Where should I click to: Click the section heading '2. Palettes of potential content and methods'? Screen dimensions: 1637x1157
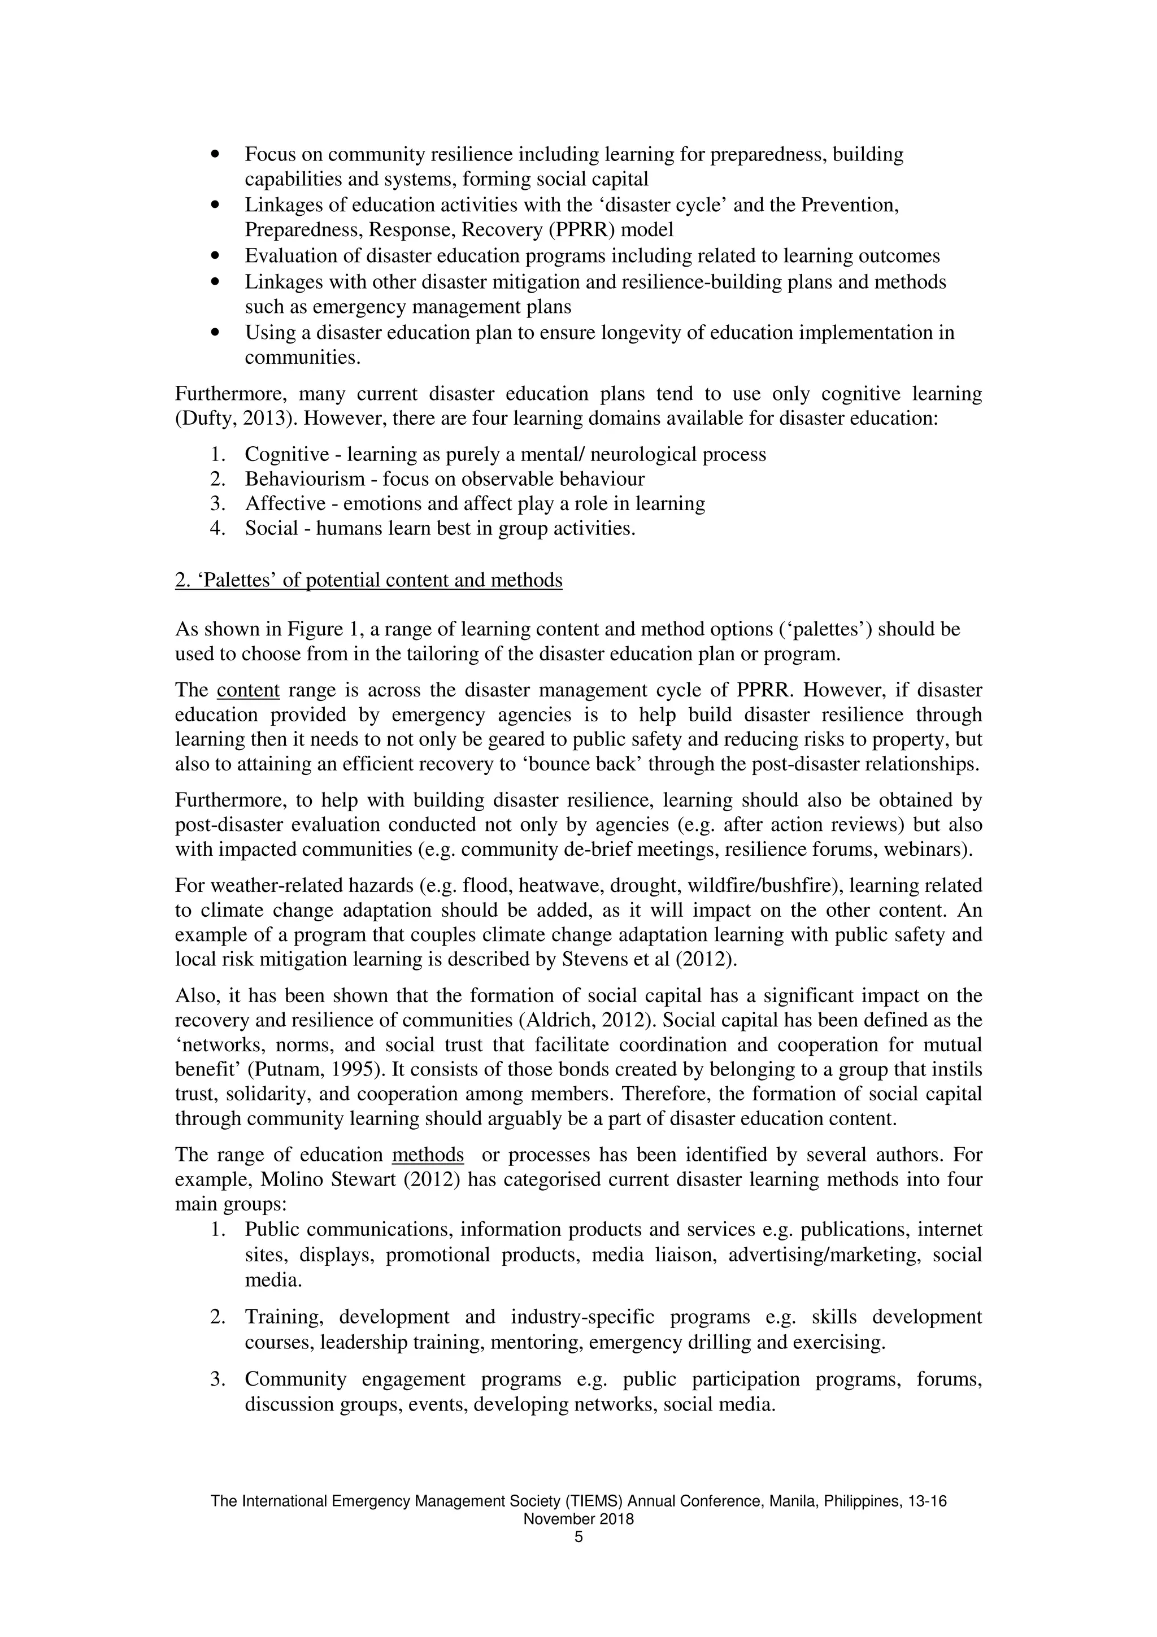pos(368,580)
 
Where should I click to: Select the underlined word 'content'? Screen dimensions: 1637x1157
pos(248,690)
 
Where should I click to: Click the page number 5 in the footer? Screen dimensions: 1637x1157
pos(578,1536)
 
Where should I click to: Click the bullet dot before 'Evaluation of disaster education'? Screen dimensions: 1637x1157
pos(215,256)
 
